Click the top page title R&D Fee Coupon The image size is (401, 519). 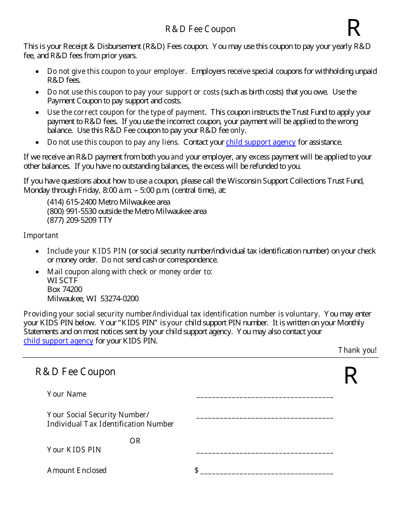[200, 29]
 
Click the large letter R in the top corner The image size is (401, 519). [354, 29]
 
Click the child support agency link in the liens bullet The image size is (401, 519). [260, 142]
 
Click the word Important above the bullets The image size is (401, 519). [41, 235]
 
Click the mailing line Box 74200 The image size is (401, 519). [65, 289]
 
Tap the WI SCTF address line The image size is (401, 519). [62, 281]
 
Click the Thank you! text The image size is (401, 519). [357, 350]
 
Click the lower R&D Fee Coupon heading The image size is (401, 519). [75, 372]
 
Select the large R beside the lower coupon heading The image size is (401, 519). [351, 376]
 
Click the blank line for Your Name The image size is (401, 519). [265, 397]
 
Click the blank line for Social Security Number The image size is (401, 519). [265, 417]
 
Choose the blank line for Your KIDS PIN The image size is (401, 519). [265, 452]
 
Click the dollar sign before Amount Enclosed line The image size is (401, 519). [197, 470]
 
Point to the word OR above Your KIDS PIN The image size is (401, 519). [135, 441]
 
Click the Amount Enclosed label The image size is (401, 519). [77, 470]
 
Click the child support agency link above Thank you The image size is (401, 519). [58, 341]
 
